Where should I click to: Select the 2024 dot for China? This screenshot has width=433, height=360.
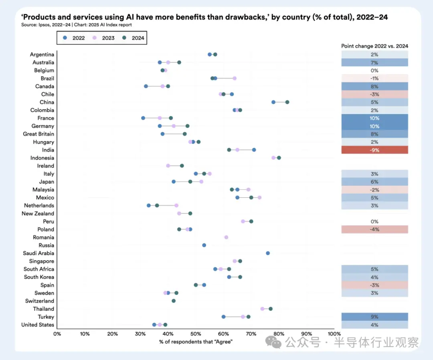click(287, 102)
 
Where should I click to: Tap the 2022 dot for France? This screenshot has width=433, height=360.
click(143, 118)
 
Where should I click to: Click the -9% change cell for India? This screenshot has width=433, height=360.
click(374, 150)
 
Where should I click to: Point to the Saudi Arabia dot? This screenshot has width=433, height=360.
click(268, 253)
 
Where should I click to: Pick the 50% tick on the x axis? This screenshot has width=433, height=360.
click(196, 334)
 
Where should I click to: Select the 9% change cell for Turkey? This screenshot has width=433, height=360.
click(374, 317)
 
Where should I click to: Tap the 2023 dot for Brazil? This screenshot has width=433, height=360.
click(235, 78)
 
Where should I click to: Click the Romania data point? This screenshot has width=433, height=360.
click(226, 237)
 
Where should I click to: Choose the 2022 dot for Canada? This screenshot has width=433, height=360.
click(146, 86)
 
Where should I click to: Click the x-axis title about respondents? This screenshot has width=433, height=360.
click(196, 341)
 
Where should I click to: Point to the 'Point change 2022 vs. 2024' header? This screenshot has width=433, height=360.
click(374, 46)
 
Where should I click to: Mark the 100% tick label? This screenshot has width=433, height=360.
click(334, 334)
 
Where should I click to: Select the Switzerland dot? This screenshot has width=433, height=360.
click(174, 301)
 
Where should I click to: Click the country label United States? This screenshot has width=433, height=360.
click(38, 325)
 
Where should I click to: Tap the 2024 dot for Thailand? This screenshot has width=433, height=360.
click(271, 309)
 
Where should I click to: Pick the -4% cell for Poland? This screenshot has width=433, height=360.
click(374, 229)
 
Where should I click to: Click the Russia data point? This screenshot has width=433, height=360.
click(204, 245)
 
